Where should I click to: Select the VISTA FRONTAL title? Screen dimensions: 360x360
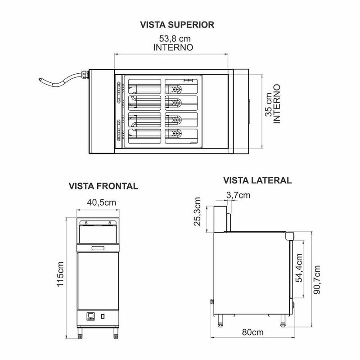pos(103,186)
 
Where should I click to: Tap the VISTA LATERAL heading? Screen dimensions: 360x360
pos(257,180)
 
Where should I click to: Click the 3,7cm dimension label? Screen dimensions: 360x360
pos(238,195)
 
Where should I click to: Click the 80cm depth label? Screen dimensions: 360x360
pos(252,333)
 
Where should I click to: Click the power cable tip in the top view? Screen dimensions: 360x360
pos(40,79)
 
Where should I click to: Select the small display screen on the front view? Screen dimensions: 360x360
pos(91,316)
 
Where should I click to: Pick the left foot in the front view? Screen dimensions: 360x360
pos(81,333)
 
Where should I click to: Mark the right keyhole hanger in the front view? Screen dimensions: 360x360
pos(109,223)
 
